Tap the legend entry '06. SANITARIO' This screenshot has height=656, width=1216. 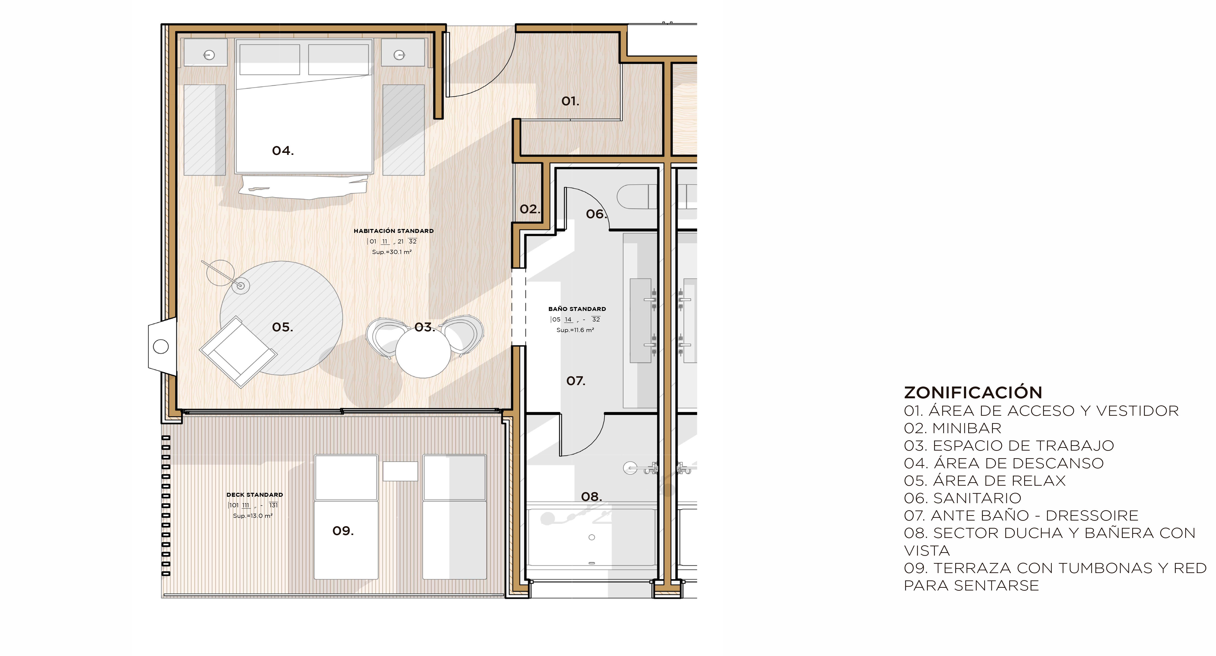coord(962,498)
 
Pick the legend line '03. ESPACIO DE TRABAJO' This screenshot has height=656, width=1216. coord(1009,445)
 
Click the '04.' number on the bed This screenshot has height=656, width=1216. coord(283,150)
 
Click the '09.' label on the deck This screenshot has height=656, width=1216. coord(343,531)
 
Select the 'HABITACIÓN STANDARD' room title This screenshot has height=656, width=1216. coord(394,231)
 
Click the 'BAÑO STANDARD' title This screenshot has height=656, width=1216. coord(577,309)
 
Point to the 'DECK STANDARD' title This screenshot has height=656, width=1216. coord(255,495)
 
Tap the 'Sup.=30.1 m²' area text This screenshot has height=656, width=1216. coord(392,252)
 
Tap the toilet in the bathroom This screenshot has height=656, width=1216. coord(637,196)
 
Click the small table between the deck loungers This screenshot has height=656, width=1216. coord(400,471)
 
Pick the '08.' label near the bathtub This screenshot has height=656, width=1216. coord(592,496)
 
